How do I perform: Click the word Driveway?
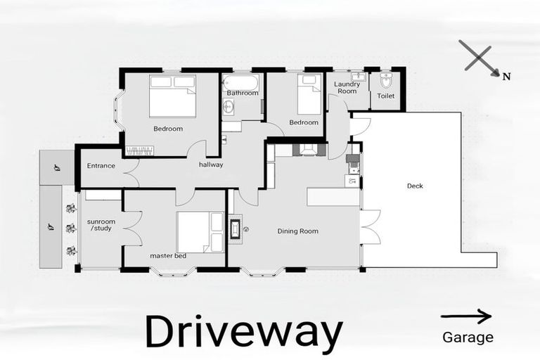pos(243,333)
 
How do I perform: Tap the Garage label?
pos(468,337)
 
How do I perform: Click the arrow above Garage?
pos(465,316)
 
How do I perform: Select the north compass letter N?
pos(506,77)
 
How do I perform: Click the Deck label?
pos(415,186)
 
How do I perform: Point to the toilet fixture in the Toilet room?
pos(386,79)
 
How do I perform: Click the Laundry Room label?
pos(347,88)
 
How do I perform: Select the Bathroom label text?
pos(243,93)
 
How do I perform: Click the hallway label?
pos(211,165)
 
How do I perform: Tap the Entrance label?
pos(101,166)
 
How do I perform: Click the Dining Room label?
pos(297,231)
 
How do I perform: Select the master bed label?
pos(168,256)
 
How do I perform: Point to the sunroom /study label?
pos(101,224)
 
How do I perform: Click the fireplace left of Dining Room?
pos(236,229)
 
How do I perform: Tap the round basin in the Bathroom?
pos(229,107)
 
